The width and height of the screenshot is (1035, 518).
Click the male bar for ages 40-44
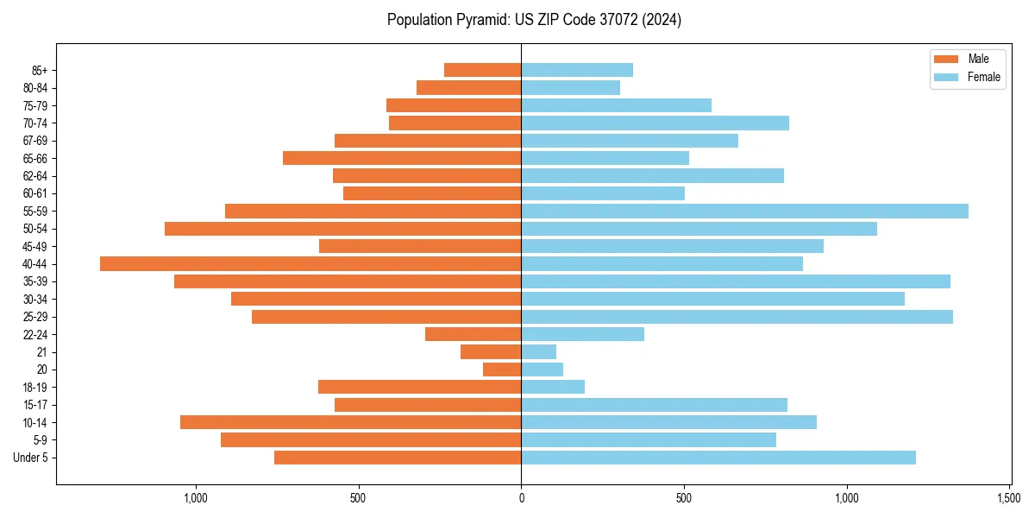click(310, 263)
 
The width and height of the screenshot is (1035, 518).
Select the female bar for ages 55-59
click(744, 211)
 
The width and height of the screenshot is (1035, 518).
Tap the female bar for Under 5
click(718, 458)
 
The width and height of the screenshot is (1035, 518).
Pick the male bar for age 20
click(502, 370)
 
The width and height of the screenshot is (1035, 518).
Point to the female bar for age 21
click(538, 351)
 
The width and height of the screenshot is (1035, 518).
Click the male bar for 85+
click(482, 70)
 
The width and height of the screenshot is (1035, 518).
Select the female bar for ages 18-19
click(553, 387)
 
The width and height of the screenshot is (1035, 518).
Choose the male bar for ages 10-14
click(350, 422)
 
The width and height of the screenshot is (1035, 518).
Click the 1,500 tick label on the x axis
click(1009, 498)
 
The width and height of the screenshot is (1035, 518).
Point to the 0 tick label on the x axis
click(521, 498)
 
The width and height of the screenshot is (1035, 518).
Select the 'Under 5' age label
click(30, 458)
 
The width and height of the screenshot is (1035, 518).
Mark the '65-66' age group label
click(35, 158)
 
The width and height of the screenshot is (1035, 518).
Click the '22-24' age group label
click(35, 334)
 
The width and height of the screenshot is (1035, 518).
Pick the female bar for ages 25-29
click(737, 317)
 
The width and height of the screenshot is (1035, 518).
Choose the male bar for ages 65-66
click(402, 158)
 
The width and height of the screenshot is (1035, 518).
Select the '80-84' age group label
click(35, 87)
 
